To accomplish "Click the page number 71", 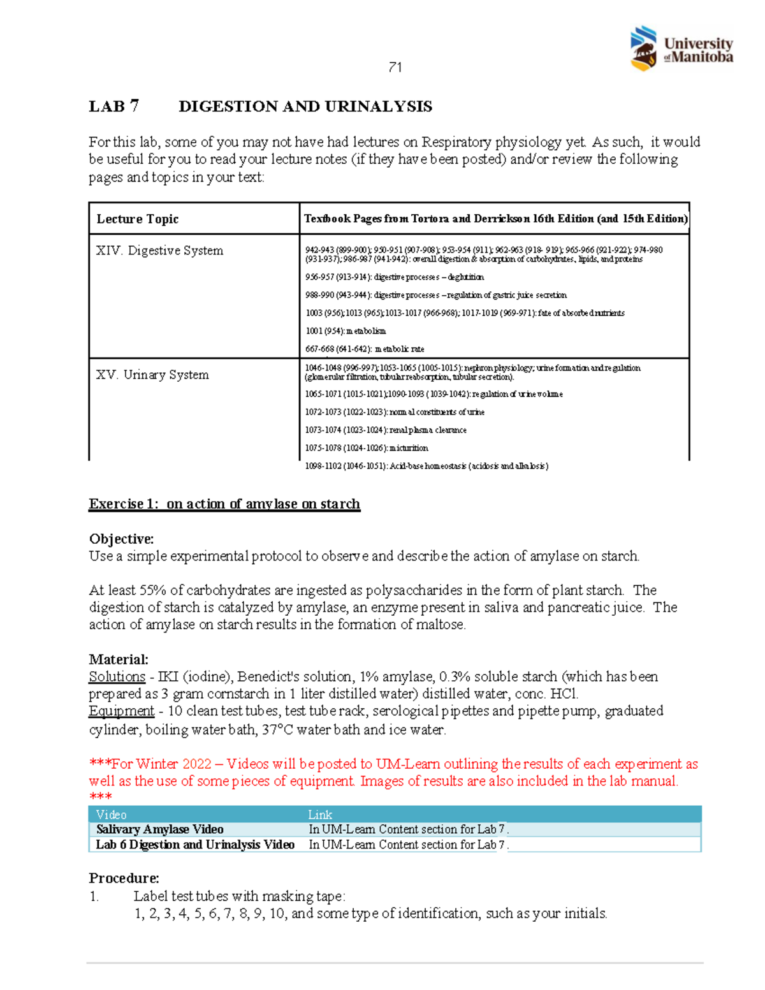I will pyautogui.click(x=395, y=68).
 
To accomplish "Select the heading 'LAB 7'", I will pyautogui.click(x=113, y=106).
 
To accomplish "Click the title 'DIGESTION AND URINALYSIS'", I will pyautogui.click(x=305, y=106).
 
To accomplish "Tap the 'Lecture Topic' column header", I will pyautogui.click(x=137, y=219).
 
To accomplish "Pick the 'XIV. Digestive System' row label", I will pyautogui.click(x=159, y=251).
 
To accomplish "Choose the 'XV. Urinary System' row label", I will pyautogui.click(x=152, y=375).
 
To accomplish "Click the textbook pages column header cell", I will pyautogui.click(x=495, y=219).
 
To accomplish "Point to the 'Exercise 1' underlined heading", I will pyautogui.click(x=224, y=504).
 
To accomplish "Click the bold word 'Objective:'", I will pyautogui.click(x=121, y=539).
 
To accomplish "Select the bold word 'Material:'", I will pyautogui.click(x=119, y=659).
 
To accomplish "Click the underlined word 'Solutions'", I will pyautogui.click(x=117, y=676).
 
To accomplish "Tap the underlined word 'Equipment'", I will pyautogui.click(x=121, y=711).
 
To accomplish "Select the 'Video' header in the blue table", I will pyautogui.click(x=111, y=815).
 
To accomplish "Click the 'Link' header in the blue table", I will pyautogui.click(x=320, y=815).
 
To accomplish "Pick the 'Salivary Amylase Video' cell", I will pyautogui.click(x=159, y=829).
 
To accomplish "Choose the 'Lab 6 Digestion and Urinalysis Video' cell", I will pyautogui.click(x=195, y=845).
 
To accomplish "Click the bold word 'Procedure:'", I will pyautogui.click(x=124, y=878).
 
